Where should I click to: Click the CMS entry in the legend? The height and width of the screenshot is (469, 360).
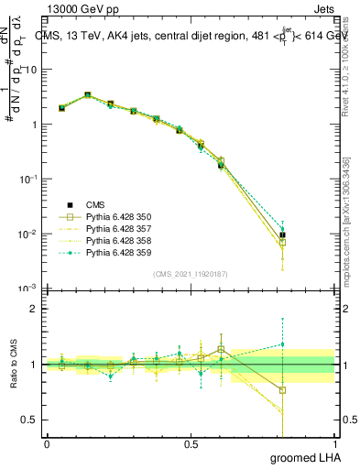[96, 204]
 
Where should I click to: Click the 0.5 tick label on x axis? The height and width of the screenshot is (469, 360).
[191, 443]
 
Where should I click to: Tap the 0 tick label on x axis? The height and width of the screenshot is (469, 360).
[48, 443]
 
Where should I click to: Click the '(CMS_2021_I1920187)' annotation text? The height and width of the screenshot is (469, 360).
[191, 274]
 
